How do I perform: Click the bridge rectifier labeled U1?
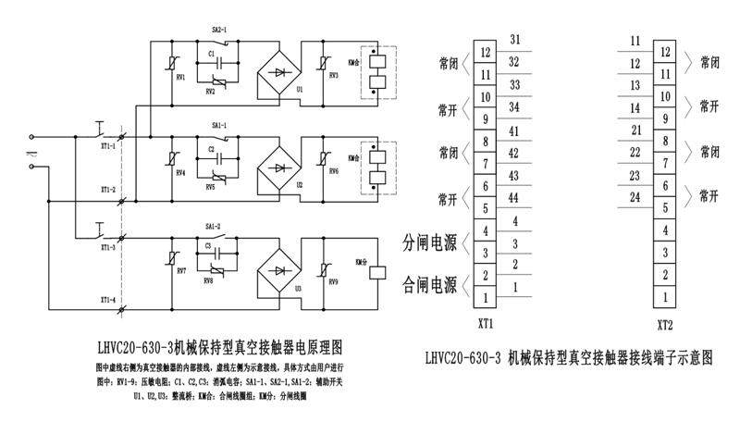[280, 71]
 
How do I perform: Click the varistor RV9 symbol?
[325, 268]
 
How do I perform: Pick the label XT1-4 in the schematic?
[108, 300]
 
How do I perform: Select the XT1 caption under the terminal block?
[484, 326]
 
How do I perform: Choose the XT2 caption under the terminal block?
[663, 326]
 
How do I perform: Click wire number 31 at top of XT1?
[513, 39]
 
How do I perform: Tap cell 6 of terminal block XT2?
[662, 186]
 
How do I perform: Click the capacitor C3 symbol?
[212, 247]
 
